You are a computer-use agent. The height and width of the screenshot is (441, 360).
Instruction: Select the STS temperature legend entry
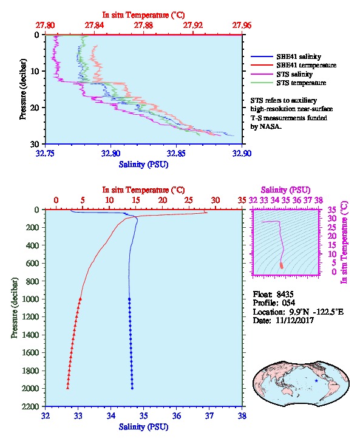(288, 83)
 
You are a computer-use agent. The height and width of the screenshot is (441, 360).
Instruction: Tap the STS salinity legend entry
(282, 74)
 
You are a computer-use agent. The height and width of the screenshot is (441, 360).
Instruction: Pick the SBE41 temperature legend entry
(293, 65)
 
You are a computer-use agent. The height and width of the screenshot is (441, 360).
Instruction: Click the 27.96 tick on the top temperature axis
(242, 26)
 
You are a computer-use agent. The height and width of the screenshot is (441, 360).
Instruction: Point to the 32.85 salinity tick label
(176, 153)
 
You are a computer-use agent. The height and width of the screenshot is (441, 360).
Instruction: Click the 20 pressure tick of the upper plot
(35, 108)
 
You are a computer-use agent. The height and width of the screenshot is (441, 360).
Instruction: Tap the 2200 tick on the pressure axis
(31, 406)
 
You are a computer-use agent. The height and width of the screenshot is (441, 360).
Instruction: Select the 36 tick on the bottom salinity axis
(177, 415)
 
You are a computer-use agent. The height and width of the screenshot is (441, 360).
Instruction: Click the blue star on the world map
(316, 380)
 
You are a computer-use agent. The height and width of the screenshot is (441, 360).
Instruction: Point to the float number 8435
(285, 294)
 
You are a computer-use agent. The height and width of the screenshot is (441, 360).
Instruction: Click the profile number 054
(288, 303)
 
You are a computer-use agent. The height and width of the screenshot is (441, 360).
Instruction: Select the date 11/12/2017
(294, 320)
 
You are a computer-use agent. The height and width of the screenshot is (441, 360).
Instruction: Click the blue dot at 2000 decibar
(132, 388)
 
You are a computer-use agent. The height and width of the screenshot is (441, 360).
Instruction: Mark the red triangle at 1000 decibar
(80, 299)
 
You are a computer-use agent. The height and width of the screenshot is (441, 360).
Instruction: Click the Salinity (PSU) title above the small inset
(285, 190)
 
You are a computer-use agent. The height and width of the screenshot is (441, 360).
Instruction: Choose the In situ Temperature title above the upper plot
(143, 15)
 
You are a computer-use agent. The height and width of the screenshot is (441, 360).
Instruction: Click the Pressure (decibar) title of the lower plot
(15, 308)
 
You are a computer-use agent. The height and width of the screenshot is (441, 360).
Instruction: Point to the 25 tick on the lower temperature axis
(189, 200)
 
